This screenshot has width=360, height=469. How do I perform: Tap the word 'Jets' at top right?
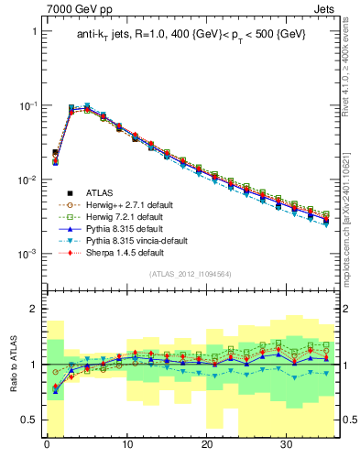click(326, 8)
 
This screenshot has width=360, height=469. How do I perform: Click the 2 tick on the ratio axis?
click(36, 309)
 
